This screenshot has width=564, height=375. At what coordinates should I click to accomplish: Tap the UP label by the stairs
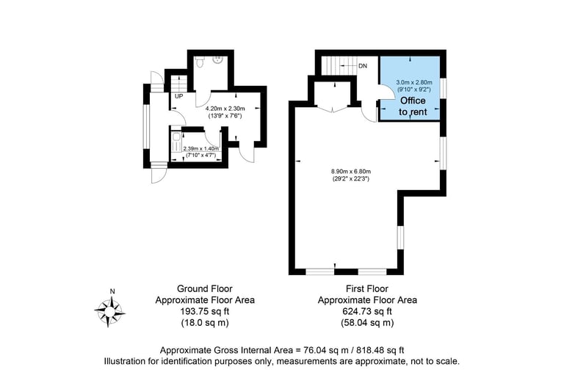tap(178, 96)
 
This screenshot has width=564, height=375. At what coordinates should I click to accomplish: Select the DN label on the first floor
tap(363, 66)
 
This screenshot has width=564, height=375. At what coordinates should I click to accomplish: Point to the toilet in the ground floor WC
tap(200, 62)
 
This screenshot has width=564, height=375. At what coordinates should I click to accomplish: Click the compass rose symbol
tap(109, 310)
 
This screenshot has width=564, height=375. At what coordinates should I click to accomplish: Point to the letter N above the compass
tap(112, 291)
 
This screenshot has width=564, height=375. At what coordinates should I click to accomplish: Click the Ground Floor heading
tap(205, 288)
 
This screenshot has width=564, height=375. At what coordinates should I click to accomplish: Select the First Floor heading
tap(367, 288)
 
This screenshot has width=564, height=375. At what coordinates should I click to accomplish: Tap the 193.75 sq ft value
tap(205, 311)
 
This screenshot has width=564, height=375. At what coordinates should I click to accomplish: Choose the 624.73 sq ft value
tap(367, 311)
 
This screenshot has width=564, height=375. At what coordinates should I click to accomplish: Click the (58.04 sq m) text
tap(367, 323)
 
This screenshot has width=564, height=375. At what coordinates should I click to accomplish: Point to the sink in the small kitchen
tap(177, 137)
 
